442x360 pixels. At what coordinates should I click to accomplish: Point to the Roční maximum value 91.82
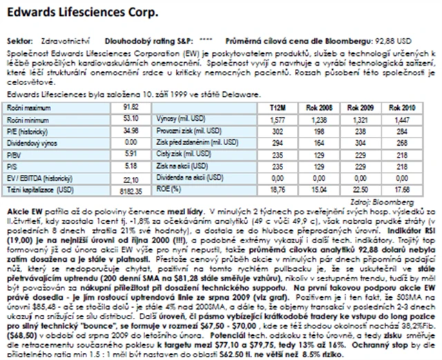pyautogui.click(x=131, y=107)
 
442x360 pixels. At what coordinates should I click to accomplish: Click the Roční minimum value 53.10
pyautogui.click(x=131, y=119)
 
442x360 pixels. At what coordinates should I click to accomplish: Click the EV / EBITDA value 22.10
pyautogui.click(x=131, y=178)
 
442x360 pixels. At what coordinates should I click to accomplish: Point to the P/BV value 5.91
pyautogui.click(x=131, y=154)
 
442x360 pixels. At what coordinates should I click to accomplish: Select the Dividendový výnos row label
pyautogui.click(x=31, y=142)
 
